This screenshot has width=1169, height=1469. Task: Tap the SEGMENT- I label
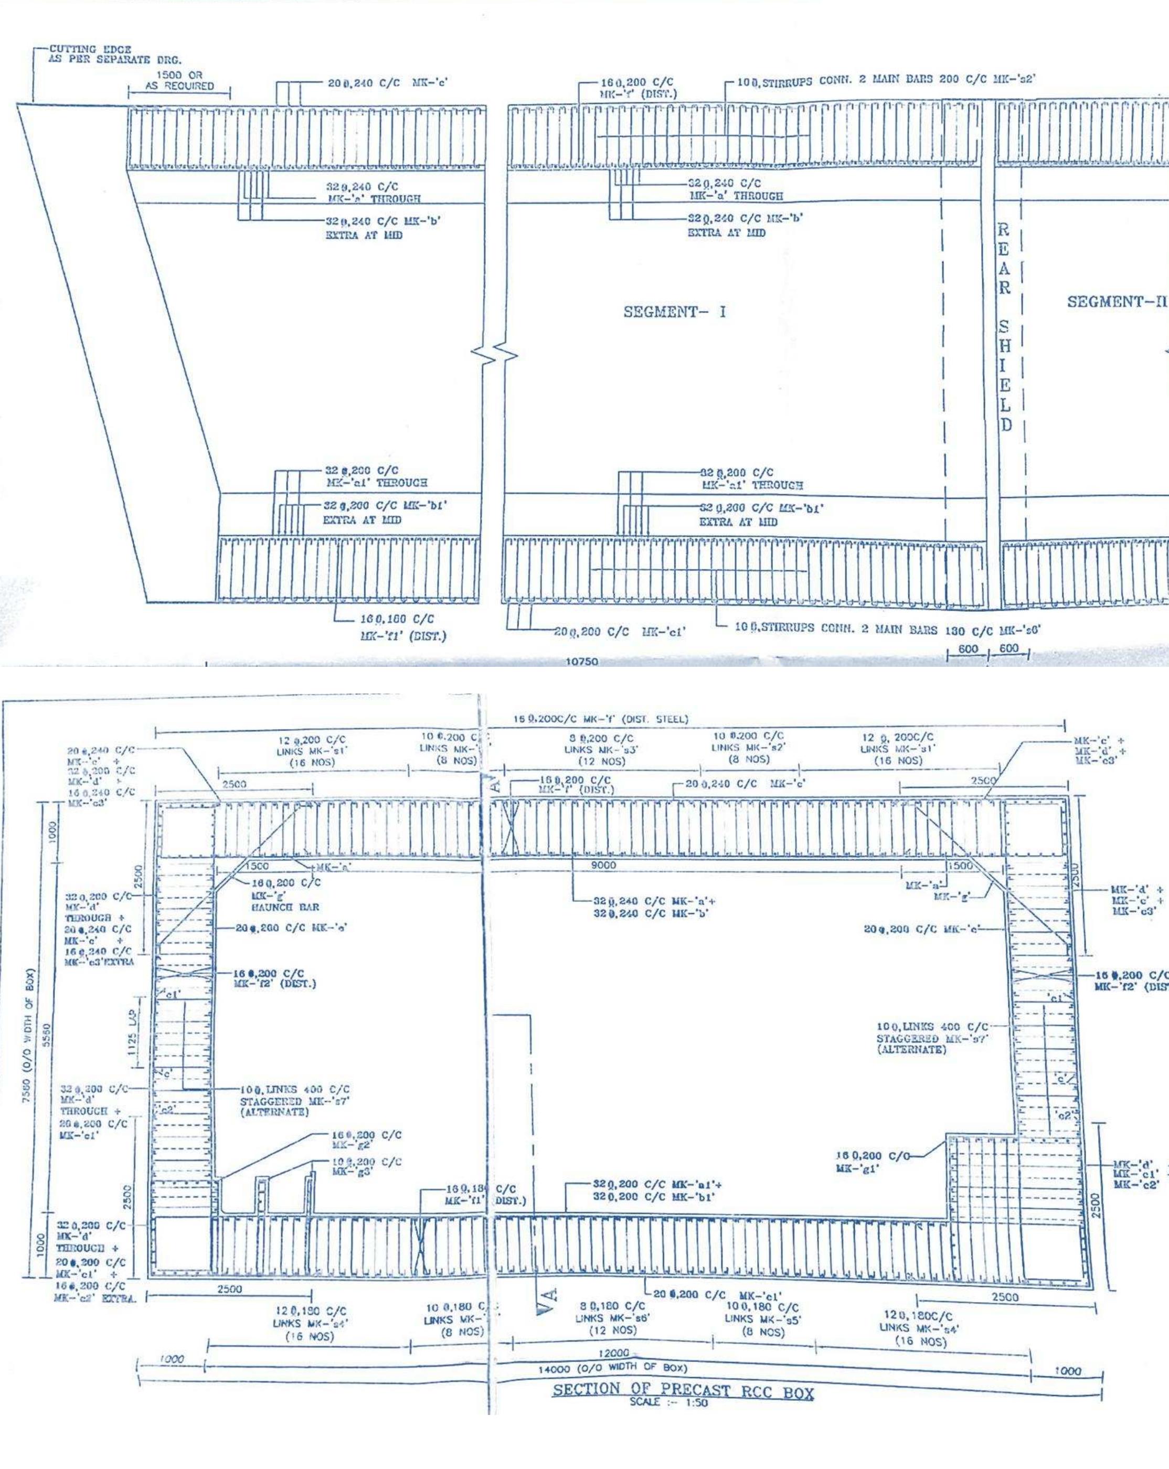click(x=674, y=312)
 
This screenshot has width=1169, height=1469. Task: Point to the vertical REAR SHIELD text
click(x=1005, y=327)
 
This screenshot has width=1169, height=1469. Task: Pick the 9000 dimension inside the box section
click(x=603, y=865)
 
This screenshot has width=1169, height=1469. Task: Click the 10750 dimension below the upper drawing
click(x=582, y=662)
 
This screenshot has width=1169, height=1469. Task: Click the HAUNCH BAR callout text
click(x=285, y=907)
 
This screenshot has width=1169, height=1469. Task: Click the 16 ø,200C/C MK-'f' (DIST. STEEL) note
click(x=601, y=719)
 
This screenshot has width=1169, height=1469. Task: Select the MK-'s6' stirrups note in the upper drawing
click(x=886, y=630)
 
